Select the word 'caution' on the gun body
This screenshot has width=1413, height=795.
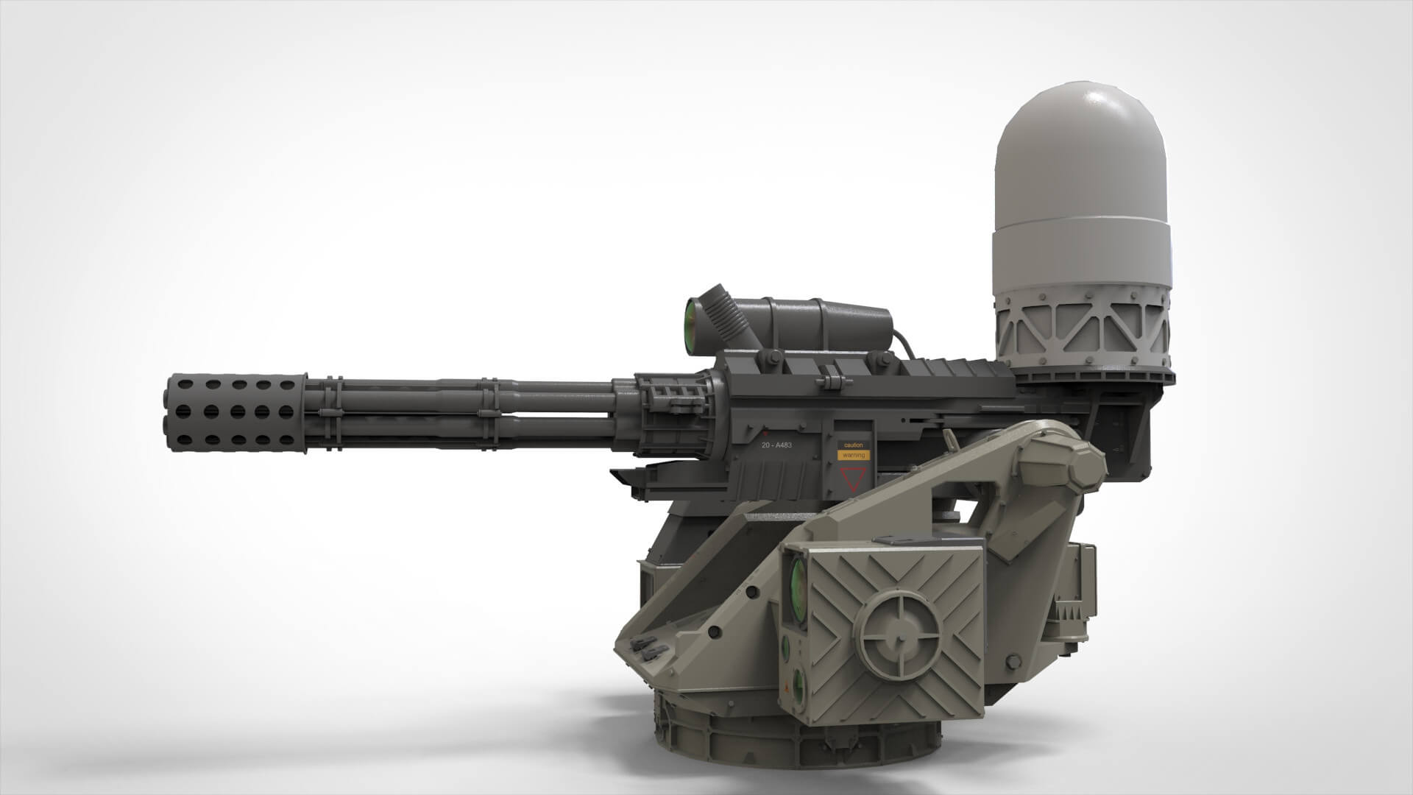click(854, 445)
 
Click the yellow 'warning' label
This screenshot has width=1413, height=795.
click(854, 456)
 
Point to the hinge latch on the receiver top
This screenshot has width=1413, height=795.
click(832, 380)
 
